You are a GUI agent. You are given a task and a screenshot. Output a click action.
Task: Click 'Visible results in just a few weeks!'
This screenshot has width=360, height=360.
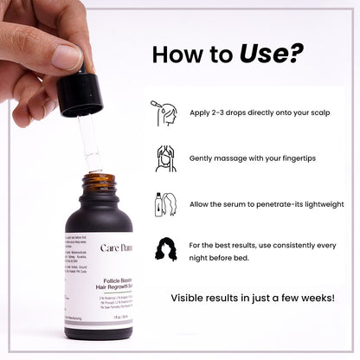pyautogui.click(x=253, y=298)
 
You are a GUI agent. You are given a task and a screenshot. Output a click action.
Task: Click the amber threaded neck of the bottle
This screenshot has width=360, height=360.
pyautogui.click(x=102, y=184)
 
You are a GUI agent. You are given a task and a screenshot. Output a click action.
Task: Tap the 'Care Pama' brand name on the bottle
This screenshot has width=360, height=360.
pyautogui.click(x=116, y=247)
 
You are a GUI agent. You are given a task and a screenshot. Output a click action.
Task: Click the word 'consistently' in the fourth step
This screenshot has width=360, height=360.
pyautogui.click(x=292, y=245)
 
